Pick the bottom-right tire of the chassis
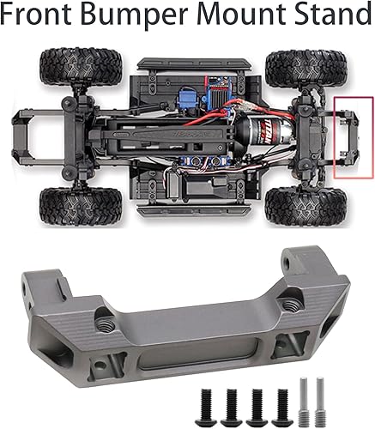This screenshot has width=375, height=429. (x=289, y=204)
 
